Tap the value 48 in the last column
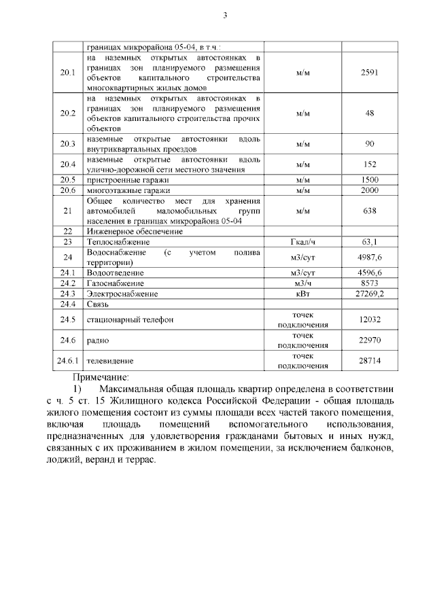point(370,113)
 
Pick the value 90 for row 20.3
point(370,144)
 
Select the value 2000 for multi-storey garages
point(370,190)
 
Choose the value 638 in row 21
point(370,211)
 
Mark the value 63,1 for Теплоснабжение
point(370,242)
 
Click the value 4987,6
point(370,258)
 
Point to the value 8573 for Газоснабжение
point(370,283)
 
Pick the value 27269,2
point(370,294)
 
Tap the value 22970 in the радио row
point(370,340)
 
